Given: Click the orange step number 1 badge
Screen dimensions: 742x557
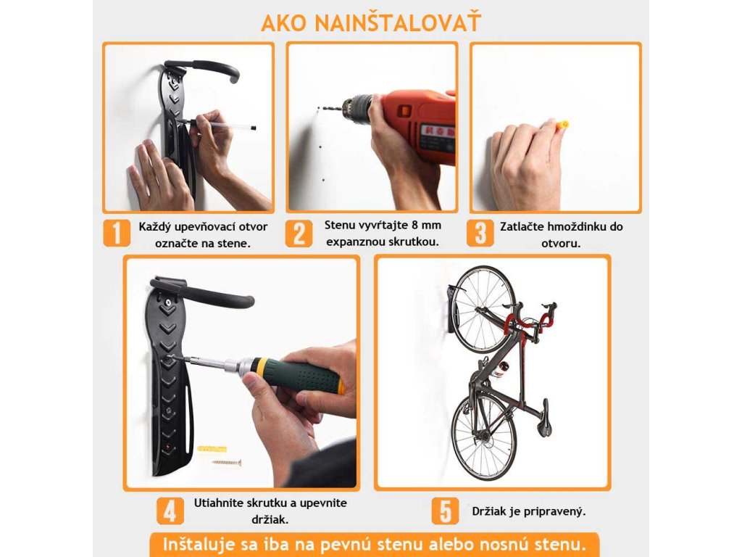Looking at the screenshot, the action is coord(117,233).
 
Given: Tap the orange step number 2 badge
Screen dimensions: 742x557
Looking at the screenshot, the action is coord(299,233).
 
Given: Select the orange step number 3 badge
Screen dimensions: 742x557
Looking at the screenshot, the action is coord(480,233).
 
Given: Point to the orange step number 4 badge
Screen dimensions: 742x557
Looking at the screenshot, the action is coord(170,511).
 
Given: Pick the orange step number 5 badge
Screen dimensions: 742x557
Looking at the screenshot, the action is coord(445,511).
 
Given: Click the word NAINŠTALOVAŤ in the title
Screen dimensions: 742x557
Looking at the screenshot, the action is coord(398,22).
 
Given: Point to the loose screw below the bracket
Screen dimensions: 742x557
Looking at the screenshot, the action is coord(226,462).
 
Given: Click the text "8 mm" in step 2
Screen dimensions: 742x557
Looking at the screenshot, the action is coord(425,225).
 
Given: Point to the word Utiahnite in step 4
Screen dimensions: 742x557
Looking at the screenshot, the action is coord(217,503).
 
